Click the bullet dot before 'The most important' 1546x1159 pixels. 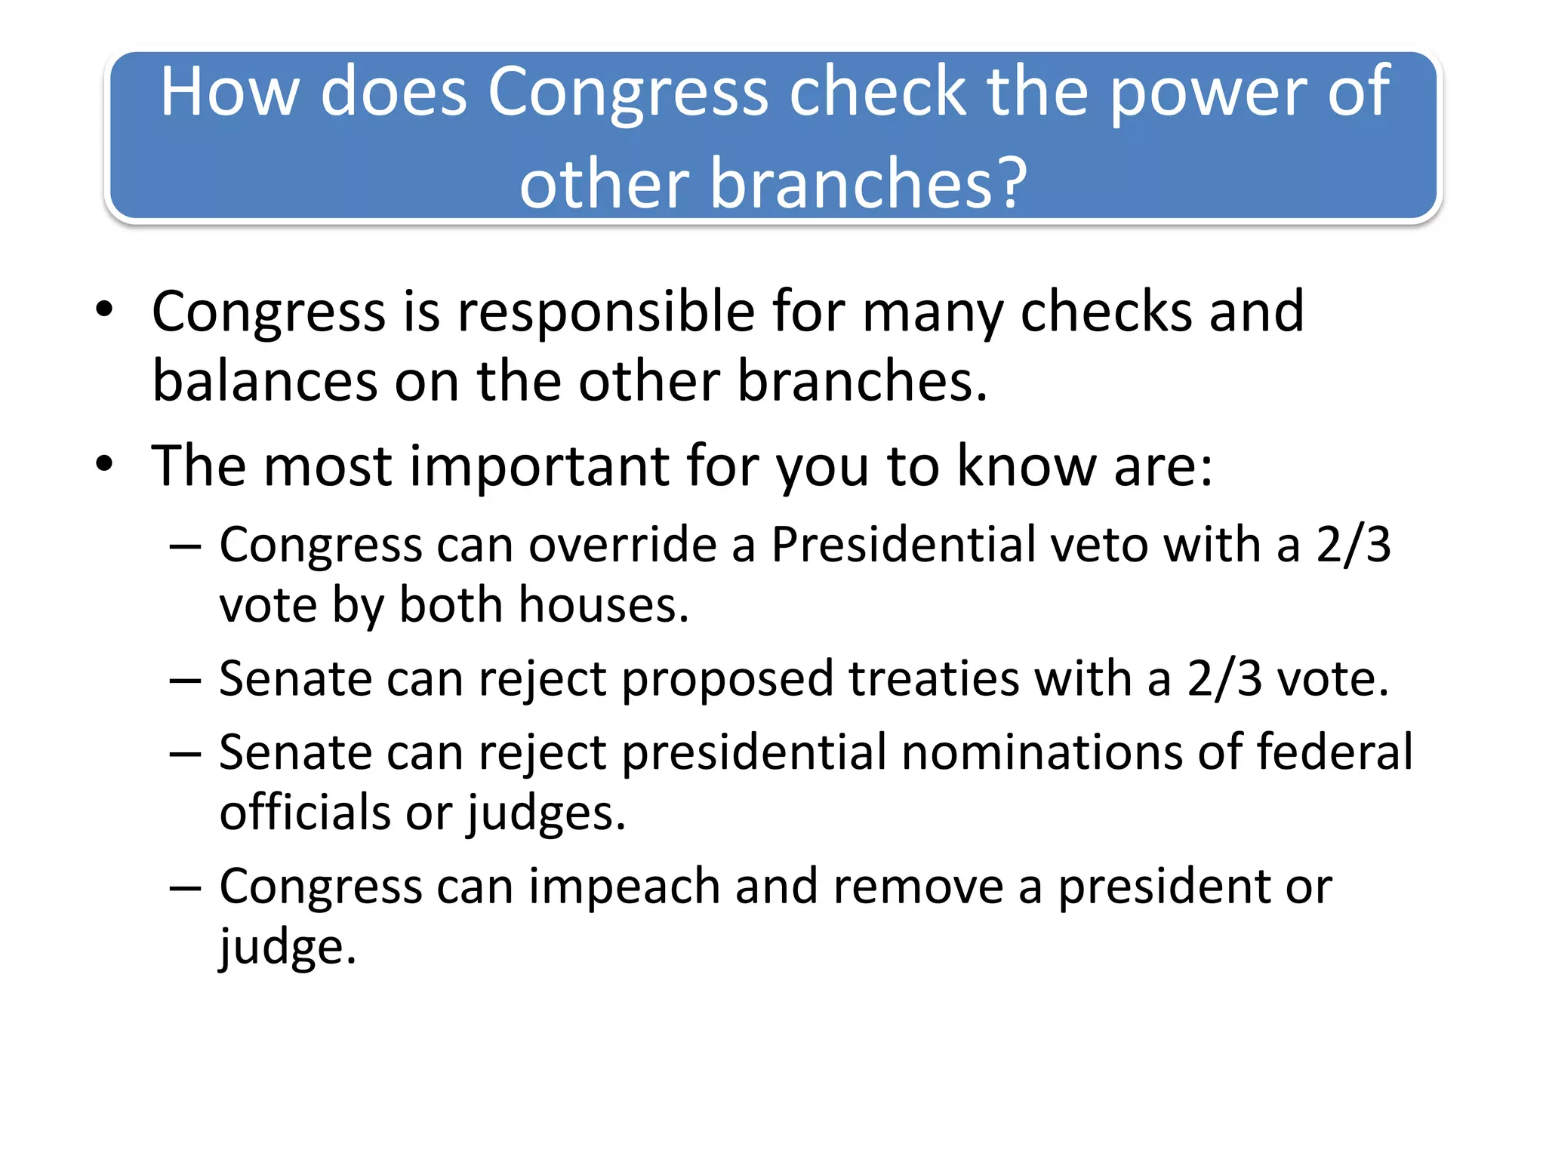tap(104, 465)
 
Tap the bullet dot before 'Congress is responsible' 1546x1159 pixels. tap(104, 309)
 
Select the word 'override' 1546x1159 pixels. tap(622, 545)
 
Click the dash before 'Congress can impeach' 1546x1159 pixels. tap(185, 888)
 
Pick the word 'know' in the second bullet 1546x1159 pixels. tap(1027, 466)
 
